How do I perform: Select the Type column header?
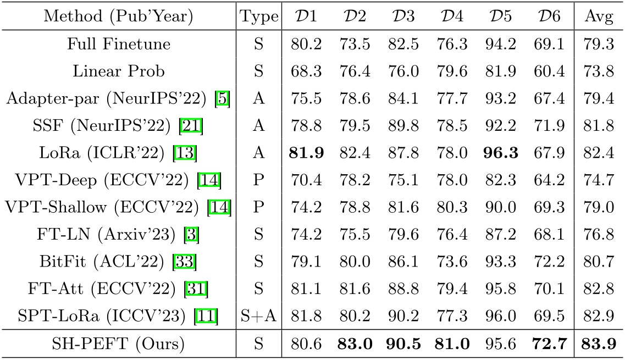pyautogui.click(x=259, y=17)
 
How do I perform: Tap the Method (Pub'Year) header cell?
pyautogui.click(x=119, y=17)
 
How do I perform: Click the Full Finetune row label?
pyautogui.click(x=119, y=44)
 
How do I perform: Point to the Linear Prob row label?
pyautogui.click(x=119, y=71)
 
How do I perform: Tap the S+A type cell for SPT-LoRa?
pyautogui.click(x=259, y=316)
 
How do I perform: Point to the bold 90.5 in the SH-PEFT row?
pyautogui.click(x=403, y=344)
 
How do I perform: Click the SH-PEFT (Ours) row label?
pyautogui.click(x=119, y=344)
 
